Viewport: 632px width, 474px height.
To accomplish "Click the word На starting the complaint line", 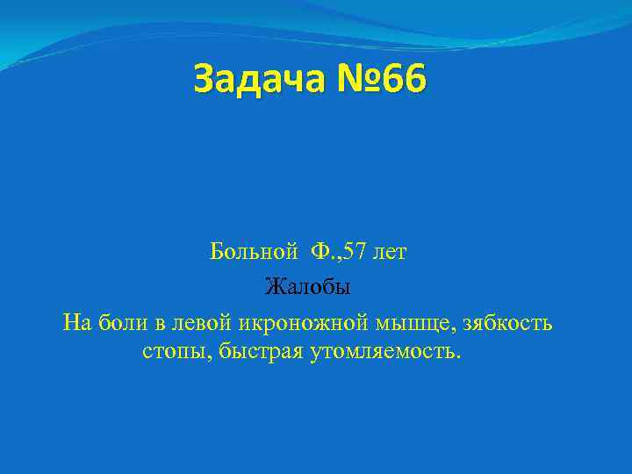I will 77,322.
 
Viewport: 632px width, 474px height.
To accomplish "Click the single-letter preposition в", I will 161,323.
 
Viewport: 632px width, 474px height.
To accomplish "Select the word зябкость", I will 506,322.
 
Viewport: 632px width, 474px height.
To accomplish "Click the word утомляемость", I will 380,353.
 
